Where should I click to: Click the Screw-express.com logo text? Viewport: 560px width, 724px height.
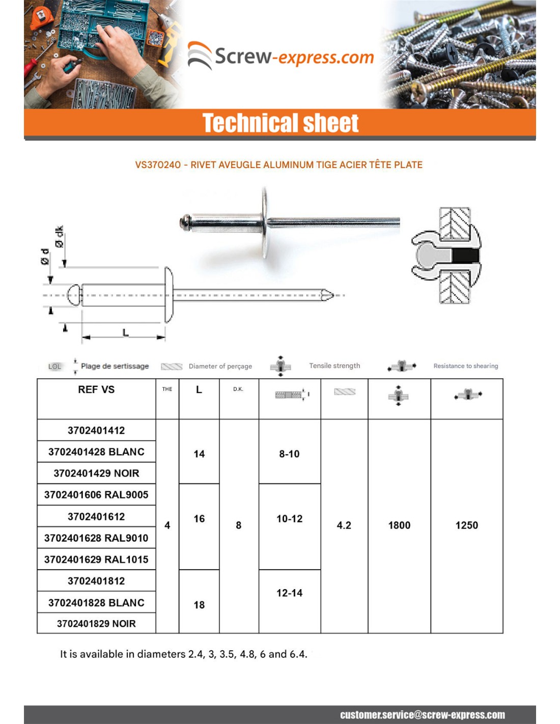coord(294,57)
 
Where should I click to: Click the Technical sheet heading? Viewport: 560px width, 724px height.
coord(280,123)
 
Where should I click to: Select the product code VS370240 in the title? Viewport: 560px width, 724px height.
coord(158,165)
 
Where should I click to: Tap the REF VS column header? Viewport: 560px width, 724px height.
coord(96,389)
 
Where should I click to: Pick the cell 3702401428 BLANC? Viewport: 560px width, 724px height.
coord(96,452)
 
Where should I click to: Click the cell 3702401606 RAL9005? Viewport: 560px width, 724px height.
coord(96,494)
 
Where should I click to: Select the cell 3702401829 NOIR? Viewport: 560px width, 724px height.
coord(96,624)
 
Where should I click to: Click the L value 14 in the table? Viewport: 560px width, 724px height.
coord(199,454)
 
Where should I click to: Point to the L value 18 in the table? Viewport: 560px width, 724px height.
coord(199,605)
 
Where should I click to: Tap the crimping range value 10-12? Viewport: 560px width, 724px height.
coord(289,519)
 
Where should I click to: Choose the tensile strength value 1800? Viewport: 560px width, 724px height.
coord(399,525)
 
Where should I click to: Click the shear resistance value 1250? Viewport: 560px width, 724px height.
coord(466,525)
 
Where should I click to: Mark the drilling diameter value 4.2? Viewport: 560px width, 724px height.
coord(344,525)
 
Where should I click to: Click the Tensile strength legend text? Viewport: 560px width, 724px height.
coord(334,366)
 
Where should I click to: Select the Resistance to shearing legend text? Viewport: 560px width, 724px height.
coord(465,366)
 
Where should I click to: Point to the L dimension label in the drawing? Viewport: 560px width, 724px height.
coord(125,333)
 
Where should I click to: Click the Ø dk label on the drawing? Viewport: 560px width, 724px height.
coord(60,237)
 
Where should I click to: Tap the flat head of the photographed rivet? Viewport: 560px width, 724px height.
coord(265,222)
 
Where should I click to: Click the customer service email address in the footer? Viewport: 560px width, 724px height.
coord(423,715)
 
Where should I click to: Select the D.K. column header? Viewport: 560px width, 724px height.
coord(238,389)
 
